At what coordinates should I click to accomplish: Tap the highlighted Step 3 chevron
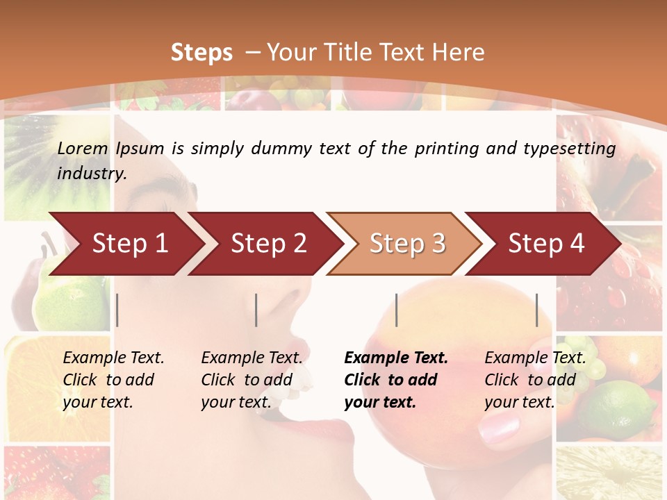[407, 244]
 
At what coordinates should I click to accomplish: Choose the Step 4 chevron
[546, 244]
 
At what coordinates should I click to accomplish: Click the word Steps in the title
[201, 53]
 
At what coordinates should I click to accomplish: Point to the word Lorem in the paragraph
[83, 148]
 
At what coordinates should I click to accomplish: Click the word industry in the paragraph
[91, 174]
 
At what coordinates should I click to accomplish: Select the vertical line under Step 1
[117, 310]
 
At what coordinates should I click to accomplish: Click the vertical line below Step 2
[256, 310]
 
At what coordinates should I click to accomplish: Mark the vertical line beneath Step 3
[397, 310]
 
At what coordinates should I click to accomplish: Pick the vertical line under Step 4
[536, 310]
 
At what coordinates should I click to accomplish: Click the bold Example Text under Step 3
[396, 358]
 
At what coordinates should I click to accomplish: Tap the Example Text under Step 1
[113, 358]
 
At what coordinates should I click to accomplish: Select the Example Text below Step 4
[535, 358]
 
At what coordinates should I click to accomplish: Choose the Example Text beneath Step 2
[252, 358]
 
